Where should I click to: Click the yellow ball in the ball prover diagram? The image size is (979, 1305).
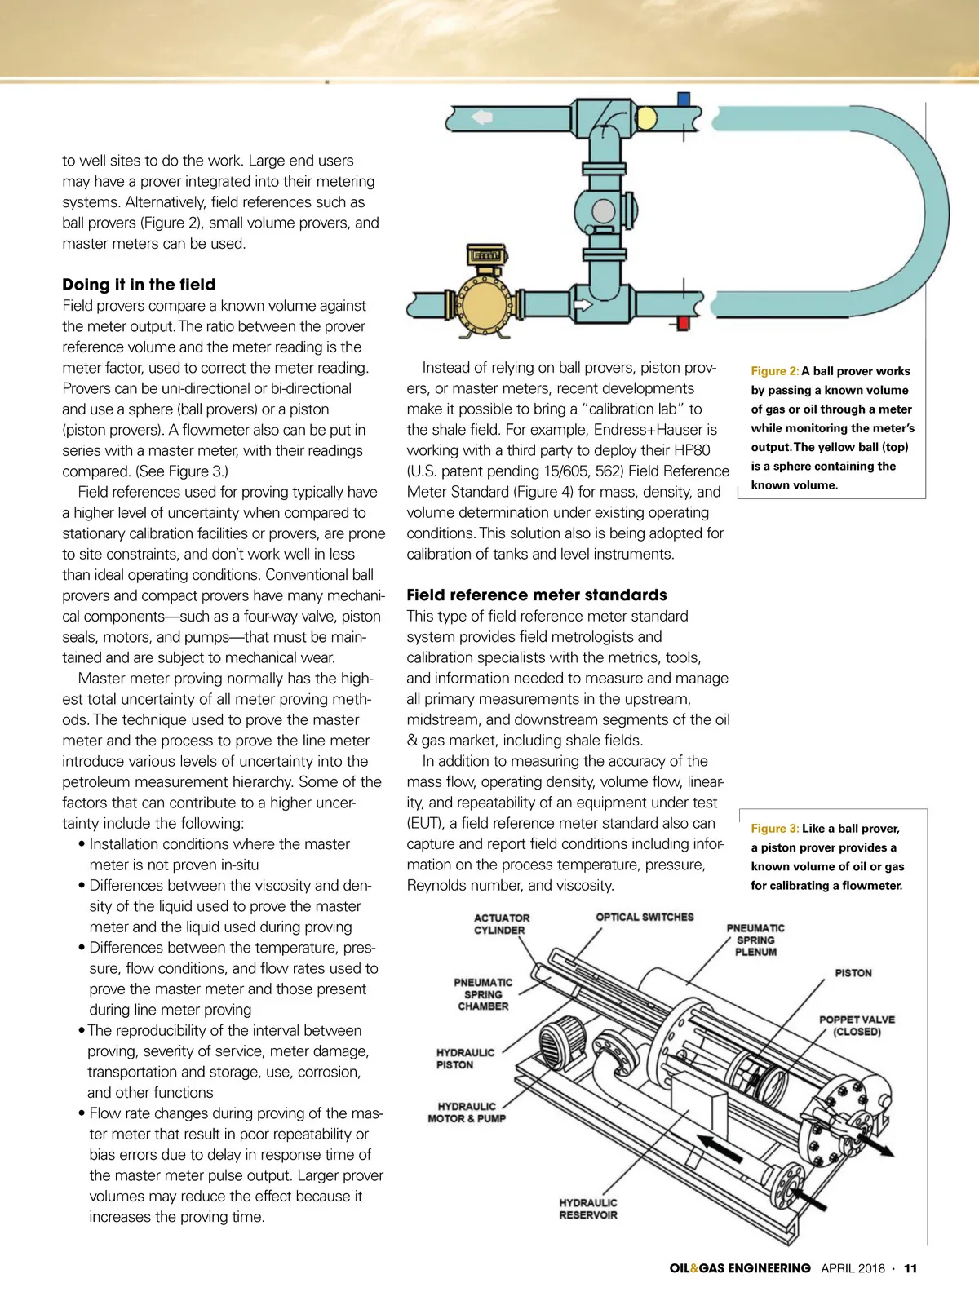click(x=646, y=118)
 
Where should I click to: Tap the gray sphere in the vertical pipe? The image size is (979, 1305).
click(x=603, y=210)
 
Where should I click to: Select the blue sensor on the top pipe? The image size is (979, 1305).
click(x=683, y=100)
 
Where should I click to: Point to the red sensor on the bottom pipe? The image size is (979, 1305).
click(x=683, y=323)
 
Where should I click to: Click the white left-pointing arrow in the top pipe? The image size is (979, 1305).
click(x=482, y=117)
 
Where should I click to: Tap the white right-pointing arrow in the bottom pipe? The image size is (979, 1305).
click(x=583, y=305)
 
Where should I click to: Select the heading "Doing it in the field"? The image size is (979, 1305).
click(x=139, y=285)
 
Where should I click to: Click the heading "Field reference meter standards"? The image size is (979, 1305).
click(x=537, y=595)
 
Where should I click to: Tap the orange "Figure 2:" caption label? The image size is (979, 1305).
click(x=774, y=371)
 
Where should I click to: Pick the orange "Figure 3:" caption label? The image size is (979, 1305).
click(x=774, y=829)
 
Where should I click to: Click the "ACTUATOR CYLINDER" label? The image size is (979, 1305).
click(x=501, y=924)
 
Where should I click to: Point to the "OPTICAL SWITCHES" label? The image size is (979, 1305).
click(x=645, y=917)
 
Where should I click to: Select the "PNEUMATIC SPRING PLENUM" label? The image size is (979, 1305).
click(x=755, y=940)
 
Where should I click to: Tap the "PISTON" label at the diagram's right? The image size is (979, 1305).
click(x=853, y=973)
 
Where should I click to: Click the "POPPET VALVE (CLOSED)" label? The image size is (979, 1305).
click(x=857, y=1025)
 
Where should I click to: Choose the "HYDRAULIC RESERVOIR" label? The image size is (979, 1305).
click(x=588, y=1209)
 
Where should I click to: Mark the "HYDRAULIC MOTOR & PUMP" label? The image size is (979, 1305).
click(x=467, y=1113)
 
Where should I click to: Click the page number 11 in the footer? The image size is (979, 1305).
click(x=910, y=1268)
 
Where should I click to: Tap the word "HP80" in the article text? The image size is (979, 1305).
click(x=692, y=450)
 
